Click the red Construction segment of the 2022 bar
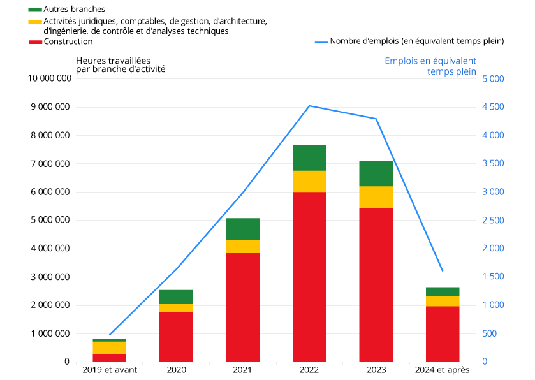point(309,276)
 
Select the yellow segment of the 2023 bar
point(376,197)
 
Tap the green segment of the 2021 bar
point(242,229)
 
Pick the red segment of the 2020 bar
point(176,337)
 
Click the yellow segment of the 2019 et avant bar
point(109,347)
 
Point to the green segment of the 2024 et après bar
point(443,291)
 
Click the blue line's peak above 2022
point(309,106)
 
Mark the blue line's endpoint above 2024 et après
point(443,271)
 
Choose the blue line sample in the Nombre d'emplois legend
point(321,42)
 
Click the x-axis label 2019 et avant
point(110,370)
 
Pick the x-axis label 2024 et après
point(442,370)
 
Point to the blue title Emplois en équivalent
point(430,61)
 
